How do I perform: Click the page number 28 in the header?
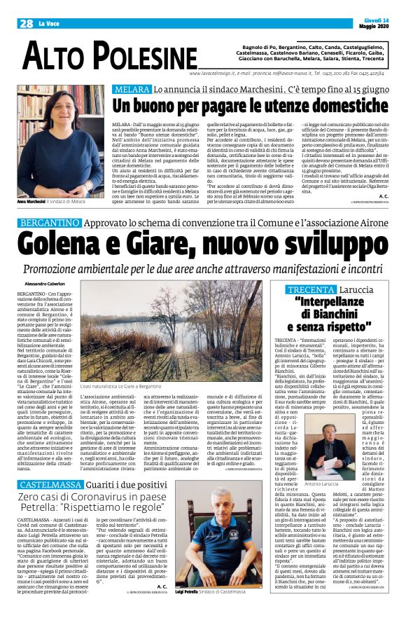click(26, 22)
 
